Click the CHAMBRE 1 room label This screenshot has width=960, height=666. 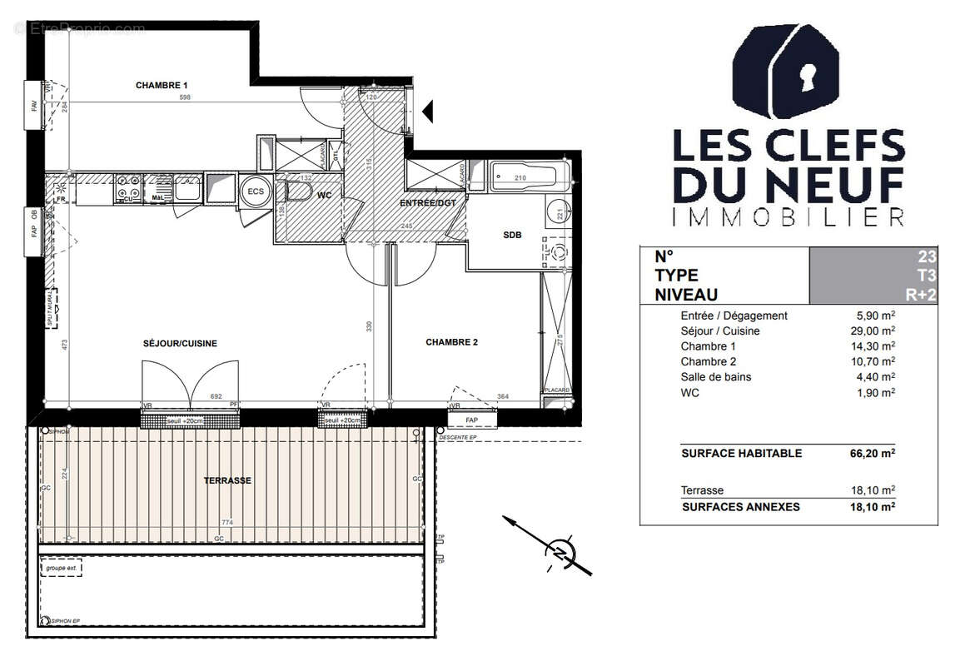click(x=162, y=85)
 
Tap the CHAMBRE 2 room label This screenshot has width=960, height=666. click(x=451, y=342)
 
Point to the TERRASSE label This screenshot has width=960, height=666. click(x=227, y=480)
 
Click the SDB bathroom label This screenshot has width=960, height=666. click(x=511, y=236)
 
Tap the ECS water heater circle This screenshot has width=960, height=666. click(x=253, y=190)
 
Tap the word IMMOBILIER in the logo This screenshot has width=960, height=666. click(x=788, y=218)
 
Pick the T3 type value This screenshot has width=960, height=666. click(x=926, y=276)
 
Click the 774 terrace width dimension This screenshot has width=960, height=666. click(x=226, y=524)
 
